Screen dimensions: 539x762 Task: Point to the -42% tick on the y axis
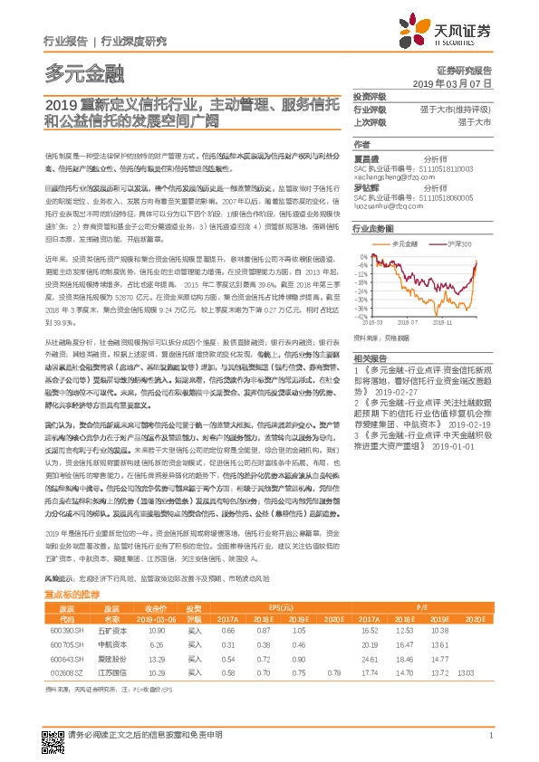click(361, 318)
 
